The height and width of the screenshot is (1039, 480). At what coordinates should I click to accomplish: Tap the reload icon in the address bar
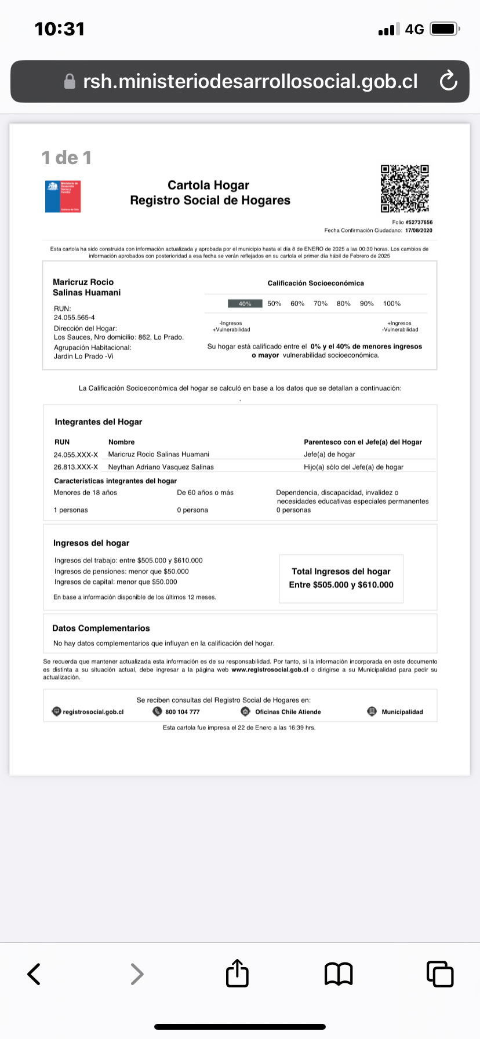point(448,81)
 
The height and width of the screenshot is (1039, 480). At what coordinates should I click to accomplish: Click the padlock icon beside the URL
point(70,82)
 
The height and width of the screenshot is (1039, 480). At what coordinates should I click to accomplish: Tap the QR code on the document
point(405,188)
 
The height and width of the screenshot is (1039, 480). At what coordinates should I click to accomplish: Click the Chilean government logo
point(63,196)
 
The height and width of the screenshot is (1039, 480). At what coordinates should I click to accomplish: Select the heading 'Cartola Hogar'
point(208,185)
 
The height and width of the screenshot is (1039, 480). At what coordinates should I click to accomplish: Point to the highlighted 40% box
point(245,304)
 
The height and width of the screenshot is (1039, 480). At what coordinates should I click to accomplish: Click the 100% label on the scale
point(392,304)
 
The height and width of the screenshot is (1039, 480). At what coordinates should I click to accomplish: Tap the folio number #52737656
point(419,222)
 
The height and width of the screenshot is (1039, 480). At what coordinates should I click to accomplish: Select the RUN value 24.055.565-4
point(74,318)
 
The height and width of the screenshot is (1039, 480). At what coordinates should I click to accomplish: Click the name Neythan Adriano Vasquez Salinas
point(161,467)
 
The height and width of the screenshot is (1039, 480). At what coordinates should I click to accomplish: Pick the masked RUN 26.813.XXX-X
point(76,467)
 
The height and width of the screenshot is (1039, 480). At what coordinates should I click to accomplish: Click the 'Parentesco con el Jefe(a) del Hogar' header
point(363,442)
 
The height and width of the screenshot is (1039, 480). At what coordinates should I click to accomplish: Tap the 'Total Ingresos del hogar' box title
point(341,571)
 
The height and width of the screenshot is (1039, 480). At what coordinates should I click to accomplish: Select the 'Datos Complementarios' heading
point(101,628)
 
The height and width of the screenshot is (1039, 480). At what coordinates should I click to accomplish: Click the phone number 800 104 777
point(182,712)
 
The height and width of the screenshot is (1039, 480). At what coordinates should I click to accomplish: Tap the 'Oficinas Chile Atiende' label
point(288,712)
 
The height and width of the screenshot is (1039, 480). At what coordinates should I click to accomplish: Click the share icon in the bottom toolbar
point(237,973)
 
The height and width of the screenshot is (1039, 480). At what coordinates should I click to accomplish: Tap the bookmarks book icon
point(339,974)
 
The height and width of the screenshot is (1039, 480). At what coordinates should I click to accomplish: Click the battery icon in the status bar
point(445,29)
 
